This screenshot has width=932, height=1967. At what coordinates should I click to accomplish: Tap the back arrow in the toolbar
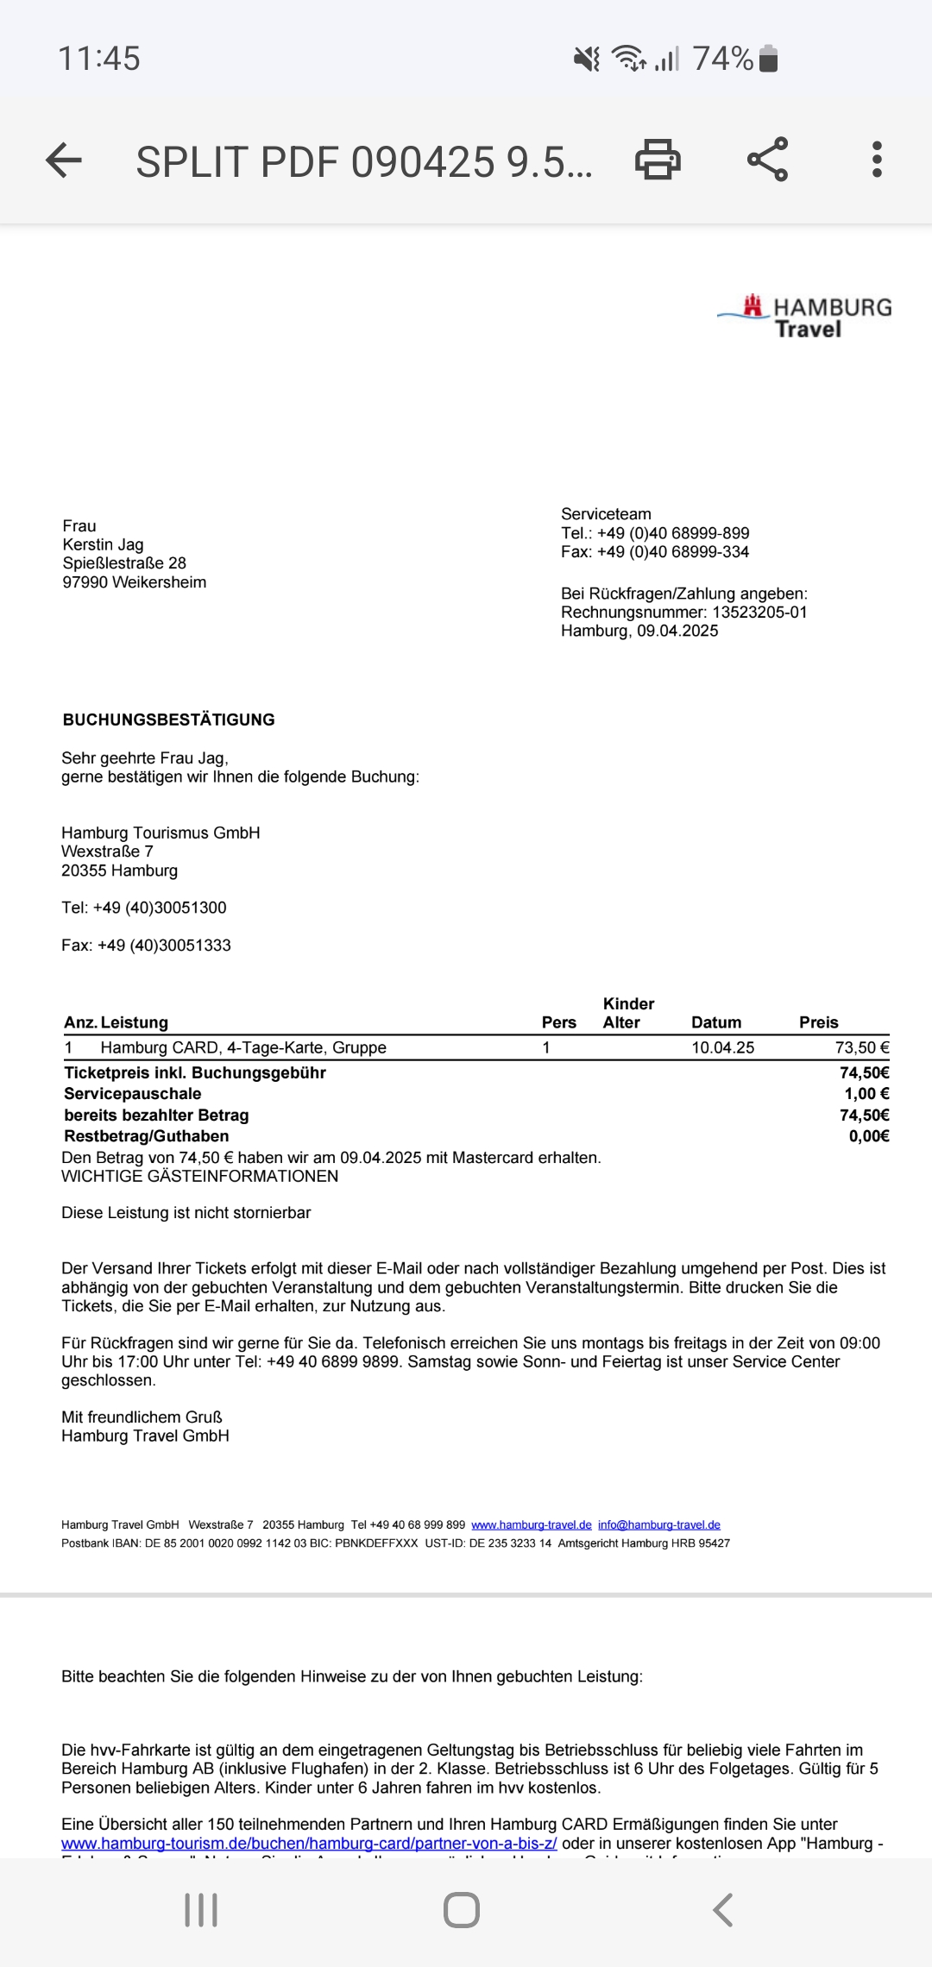64,160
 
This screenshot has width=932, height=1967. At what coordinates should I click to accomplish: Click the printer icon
658,160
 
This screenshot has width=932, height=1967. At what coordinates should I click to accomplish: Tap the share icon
767,160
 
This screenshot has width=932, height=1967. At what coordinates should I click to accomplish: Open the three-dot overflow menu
877,160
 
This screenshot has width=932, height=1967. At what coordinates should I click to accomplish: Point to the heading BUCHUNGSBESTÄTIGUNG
169,720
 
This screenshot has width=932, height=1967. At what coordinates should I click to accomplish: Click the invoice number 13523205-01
759,613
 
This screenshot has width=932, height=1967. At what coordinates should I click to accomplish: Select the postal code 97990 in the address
85,582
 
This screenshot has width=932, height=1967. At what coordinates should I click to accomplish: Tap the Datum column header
716,1022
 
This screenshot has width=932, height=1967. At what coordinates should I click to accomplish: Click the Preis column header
818,1022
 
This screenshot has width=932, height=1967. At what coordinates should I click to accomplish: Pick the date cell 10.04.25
722,1047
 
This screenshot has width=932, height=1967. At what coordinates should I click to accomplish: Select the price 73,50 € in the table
861,1047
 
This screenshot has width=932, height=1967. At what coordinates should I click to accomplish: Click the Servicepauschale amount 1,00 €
866,1094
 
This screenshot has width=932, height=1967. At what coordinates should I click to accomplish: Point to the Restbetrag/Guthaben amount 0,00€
868,1136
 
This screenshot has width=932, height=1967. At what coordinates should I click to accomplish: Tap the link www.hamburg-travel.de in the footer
531,1524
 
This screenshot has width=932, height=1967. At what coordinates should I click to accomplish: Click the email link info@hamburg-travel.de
658,1524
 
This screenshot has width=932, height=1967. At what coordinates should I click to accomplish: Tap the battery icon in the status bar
768,59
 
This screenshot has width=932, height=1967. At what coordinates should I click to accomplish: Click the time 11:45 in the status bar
98,59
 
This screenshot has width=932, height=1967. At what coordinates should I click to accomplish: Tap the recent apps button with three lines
201,1910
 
